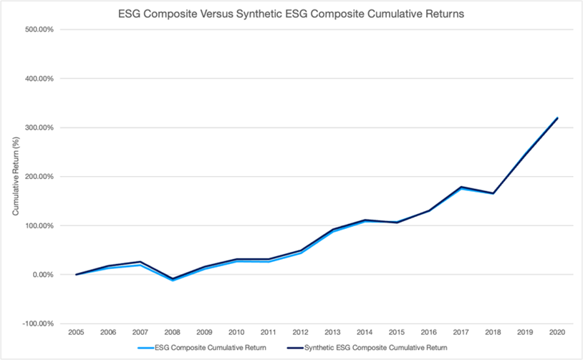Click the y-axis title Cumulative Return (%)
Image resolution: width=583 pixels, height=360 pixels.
[x=15, y=176]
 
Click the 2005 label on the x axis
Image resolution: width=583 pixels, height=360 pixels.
[x=76, y=333]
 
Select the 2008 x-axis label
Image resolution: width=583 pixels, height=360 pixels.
[x=173, y=333]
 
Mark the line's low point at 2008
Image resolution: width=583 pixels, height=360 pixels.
[x=173, y=279]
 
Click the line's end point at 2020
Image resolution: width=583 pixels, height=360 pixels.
[x=557, y=118]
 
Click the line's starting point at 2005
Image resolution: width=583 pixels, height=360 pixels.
[x=76, y=274]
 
